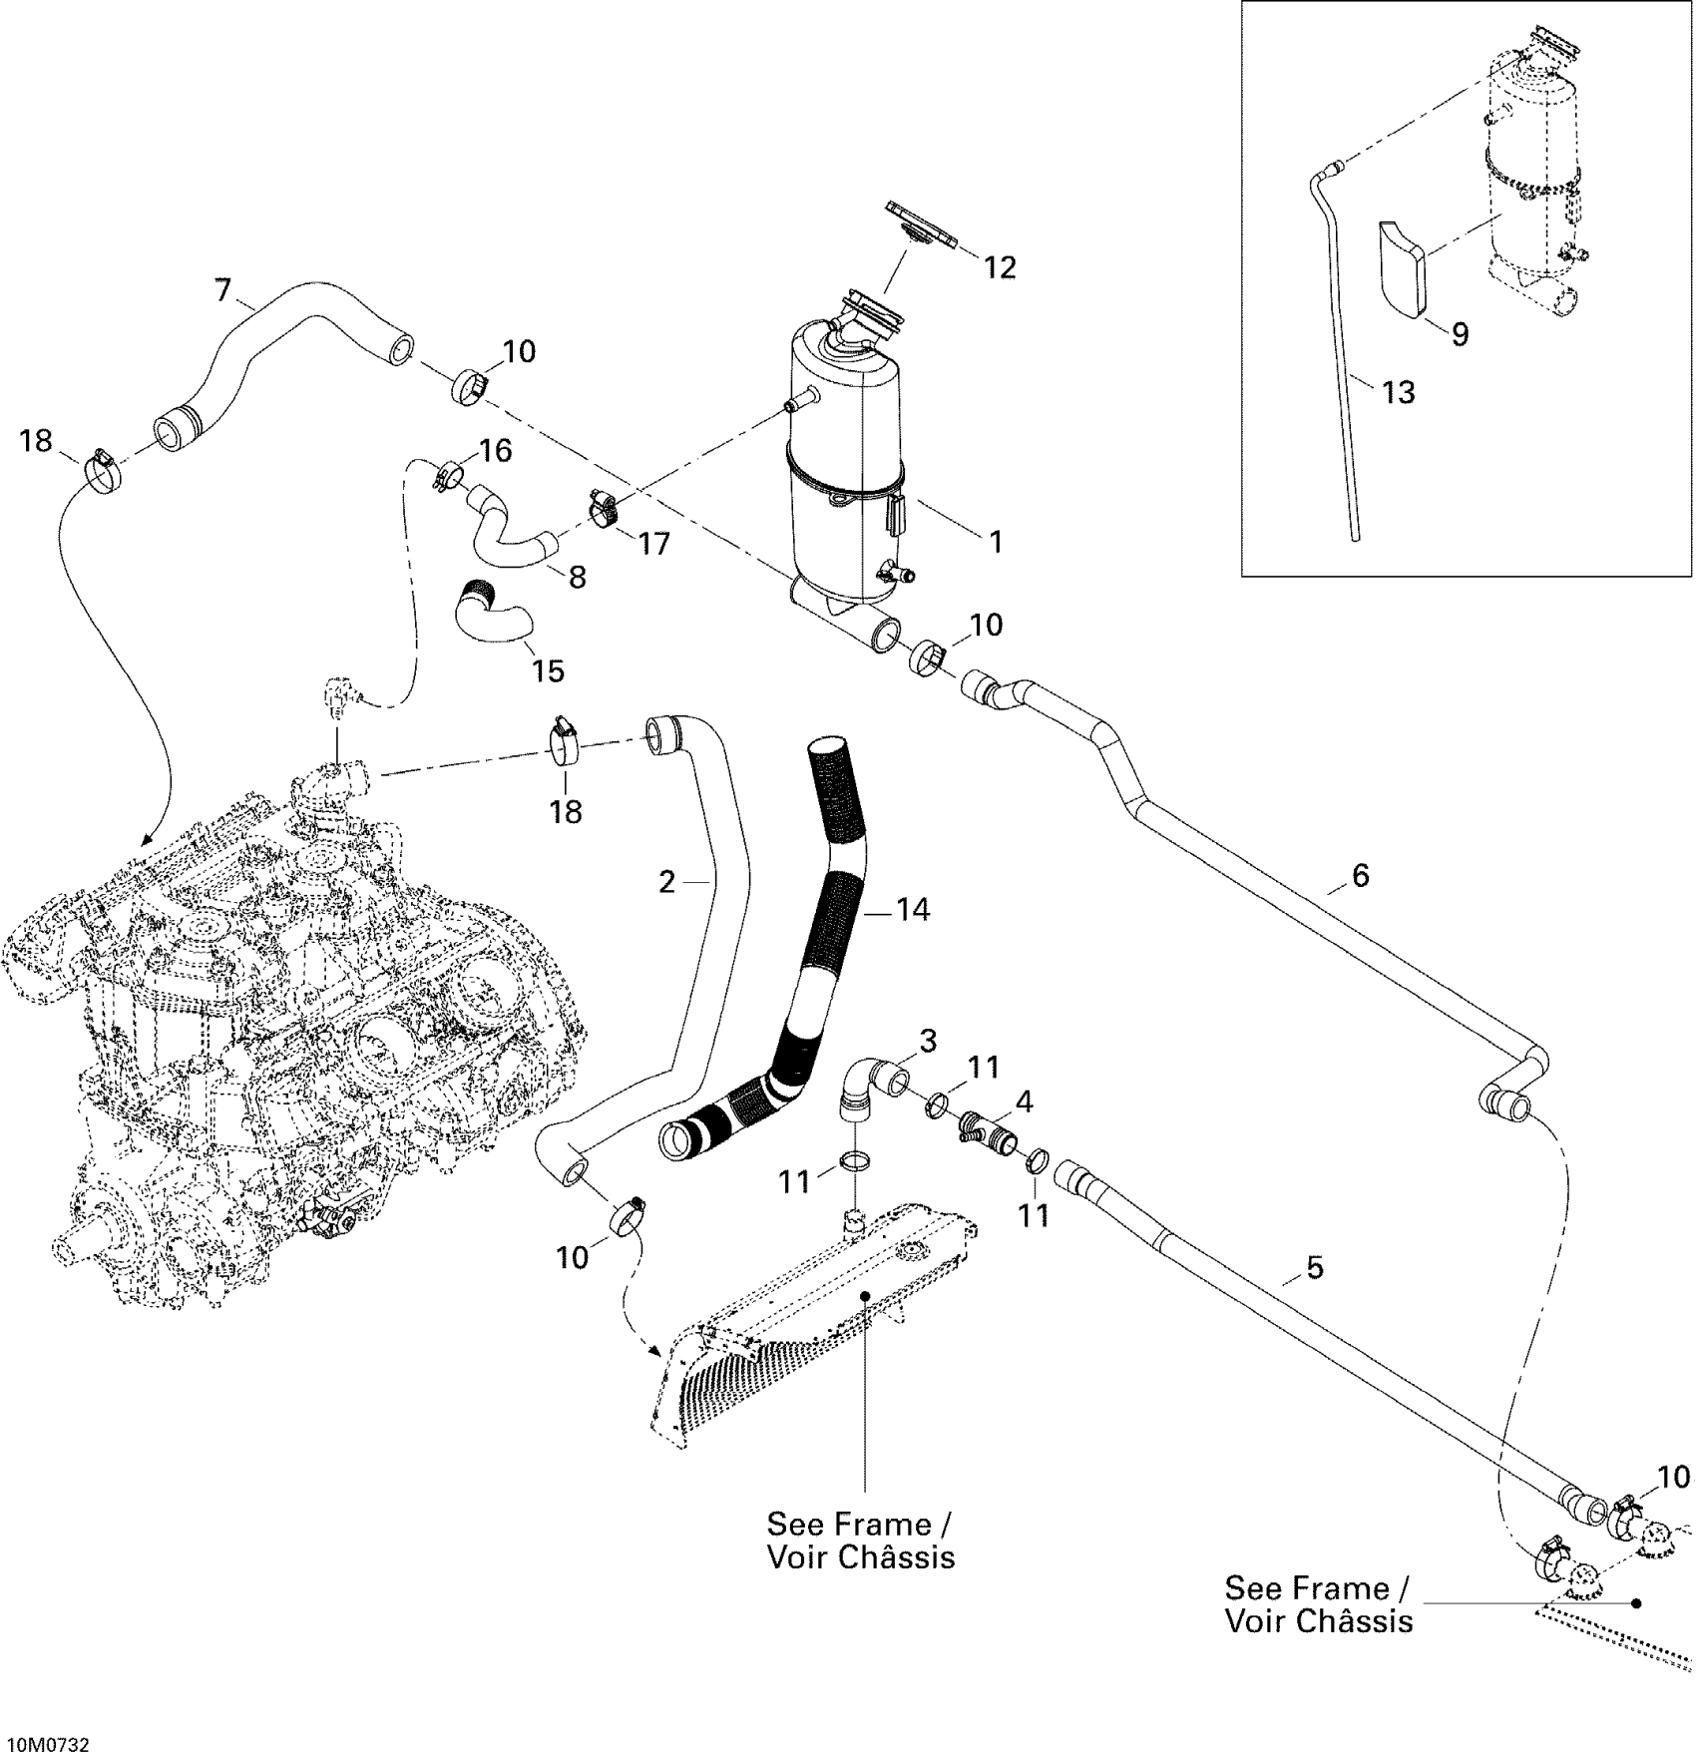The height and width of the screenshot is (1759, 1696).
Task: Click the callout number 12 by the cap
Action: (x=1000, y=266)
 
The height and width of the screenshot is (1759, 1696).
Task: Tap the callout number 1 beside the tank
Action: (x=995, y=542)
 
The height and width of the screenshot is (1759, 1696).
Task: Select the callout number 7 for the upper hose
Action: (x=223, y=290)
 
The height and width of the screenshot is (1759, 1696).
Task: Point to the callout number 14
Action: (x=912, y=909)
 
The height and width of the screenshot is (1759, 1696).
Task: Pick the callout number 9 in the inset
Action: (x=1460, y=334)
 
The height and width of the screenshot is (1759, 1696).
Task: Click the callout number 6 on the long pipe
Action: (x=1360, y=875)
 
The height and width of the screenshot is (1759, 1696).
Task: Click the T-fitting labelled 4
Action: (x=990, y=1138)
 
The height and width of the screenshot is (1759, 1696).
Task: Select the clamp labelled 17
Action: (x=603, y=506)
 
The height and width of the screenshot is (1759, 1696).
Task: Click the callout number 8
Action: (x=577, y=576)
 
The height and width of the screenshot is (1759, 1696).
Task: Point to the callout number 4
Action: (x=1024, y=1101)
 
